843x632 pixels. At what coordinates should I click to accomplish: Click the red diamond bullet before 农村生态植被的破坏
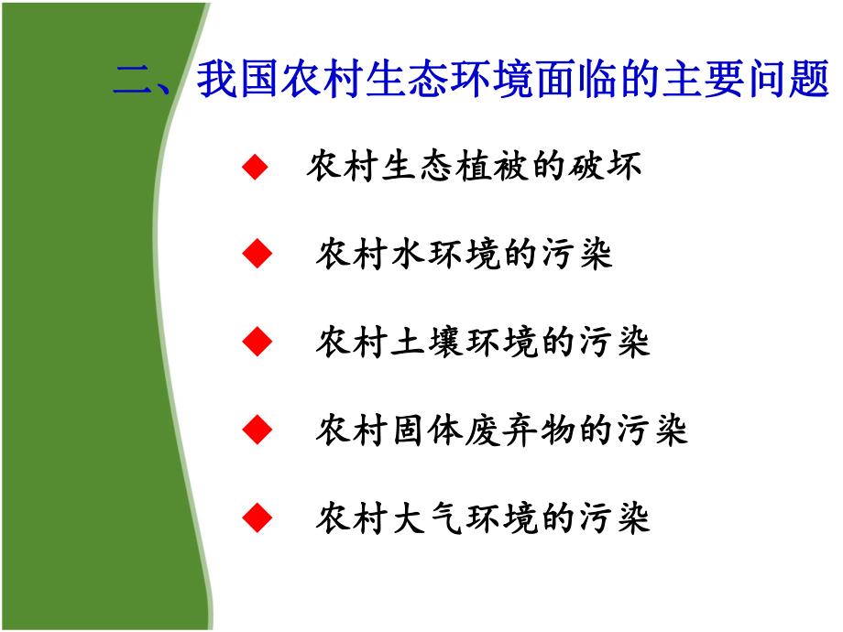tap(257, 167)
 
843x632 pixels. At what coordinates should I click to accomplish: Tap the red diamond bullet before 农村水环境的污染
tap(257, 254)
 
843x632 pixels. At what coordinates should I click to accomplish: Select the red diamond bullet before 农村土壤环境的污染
tap(257, 342)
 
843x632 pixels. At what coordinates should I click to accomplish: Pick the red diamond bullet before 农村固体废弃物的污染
tap(257, 429)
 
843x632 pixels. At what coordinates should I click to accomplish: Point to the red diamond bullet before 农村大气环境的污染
tap(257, 518)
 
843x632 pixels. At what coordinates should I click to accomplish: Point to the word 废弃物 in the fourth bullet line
tap(522, 429)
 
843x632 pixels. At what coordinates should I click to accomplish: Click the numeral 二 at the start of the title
tap(134, 81)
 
